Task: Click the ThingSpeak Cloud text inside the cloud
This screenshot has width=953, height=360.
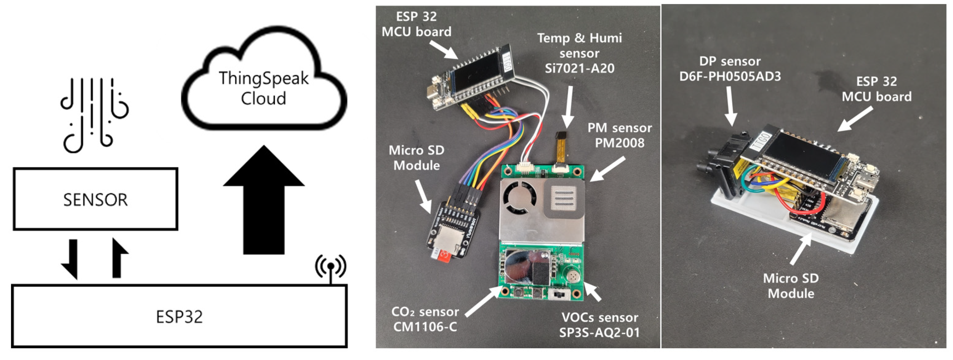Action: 263,88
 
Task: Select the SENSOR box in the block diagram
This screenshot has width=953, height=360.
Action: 96,199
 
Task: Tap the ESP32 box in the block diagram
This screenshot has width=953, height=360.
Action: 179,317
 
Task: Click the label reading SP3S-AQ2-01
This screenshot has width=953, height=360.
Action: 599,332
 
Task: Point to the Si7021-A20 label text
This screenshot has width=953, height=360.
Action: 579,68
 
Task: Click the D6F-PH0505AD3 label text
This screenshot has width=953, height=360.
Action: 730,77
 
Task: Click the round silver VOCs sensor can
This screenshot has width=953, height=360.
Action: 572,276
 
